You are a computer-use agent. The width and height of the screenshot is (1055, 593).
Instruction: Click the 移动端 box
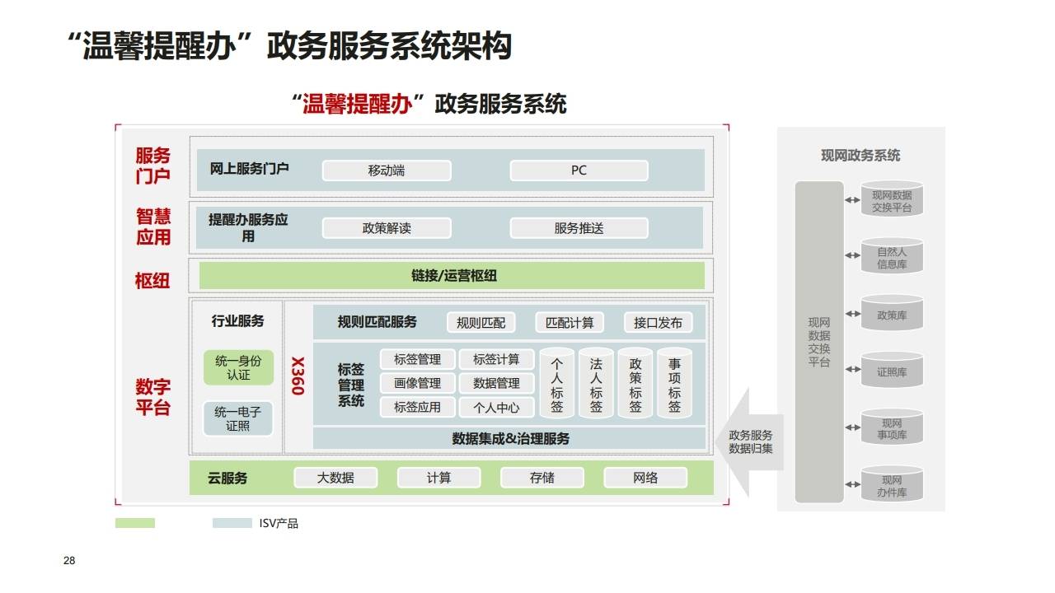click(x=387, y=170)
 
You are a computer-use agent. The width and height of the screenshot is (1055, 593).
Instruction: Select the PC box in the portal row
click(x=579, y=170)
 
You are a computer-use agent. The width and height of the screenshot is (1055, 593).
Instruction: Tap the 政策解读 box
click(x=387, y=228)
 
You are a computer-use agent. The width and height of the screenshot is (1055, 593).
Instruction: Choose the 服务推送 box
click(x=579, y=228)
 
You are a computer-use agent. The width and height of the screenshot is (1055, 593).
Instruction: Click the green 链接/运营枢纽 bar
click(x=452, y=276)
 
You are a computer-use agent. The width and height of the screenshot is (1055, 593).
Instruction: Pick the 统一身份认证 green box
click(x=238, y=367)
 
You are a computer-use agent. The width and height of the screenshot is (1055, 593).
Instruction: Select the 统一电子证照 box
click(x=238, y=418)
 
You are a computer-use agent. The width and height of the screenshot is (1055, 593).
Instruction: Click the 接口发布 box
click(x=658, y=323)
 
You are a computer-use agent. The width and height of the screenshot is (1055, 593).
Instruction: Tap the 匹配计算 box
click(x=570, y=323)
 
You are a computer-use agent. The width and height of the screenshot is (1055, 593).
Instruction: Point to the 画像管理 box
click(x=417, y=383)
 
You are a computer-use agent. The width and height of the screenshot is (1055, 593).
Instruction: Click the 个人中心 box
click(x=496, y=407)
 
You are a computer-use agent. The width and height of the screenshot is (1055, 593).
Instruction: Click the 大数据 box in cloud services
click(x=335, y=478)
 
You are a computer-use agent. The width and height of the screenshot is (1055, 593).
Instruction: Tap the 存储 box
click(x=542, y=478)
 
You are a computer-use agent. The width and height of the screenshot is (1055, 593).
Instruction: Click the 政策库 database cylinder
click(x=892, y=315)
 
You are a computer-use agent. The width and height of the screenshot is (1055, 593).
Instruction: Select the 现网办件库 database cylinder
click(x=892, y=486)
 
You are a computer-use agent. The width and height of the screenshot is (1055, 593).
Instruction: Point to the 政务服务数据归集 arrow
click(x=750, y=441)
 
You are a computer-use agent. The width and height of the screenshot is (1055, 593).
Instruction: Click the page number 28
click(x=69, y=561)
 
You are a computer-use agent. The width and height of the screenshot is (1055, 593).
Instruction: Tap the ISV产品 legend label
click(x=279, y=524)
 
